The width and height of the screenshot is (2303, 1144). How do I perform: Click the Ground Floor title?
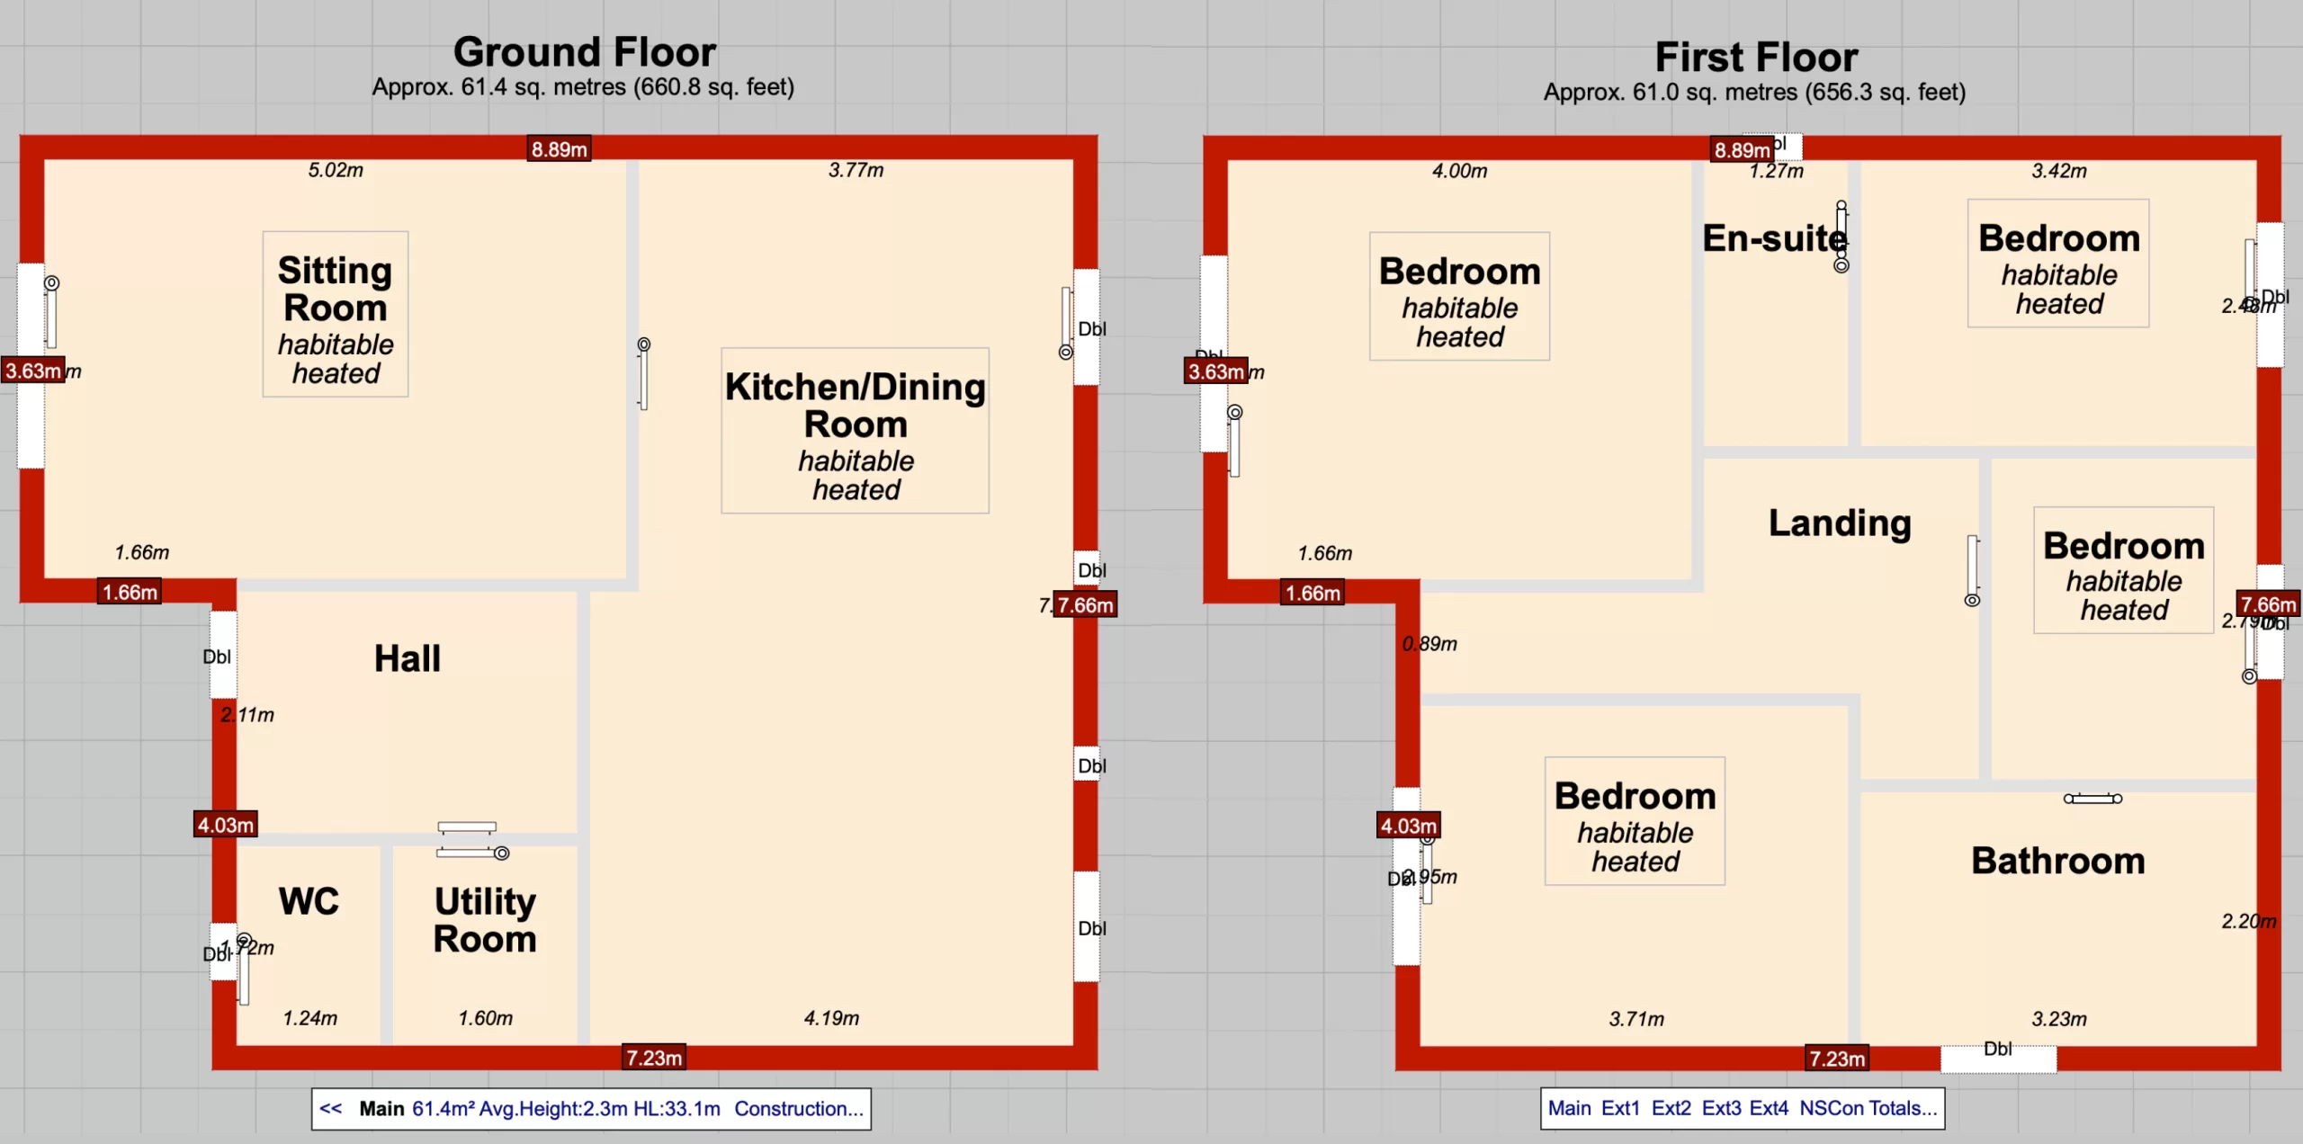pyautogui.click(x=584, y=52)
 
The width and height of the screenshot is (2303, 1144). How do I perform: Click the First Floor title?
pyautogui.click(x=1755, y=58)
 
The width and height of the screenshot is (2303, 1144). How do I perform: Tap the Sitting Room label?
pyautogui.click(x=335, y=290)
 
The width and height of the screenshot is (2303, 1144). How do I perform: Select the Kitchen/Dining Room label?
pyautogui.click(x=855, y=405)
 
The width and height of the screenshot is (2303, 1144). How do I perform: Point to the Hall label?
pyautogui.click(x=408, y=658)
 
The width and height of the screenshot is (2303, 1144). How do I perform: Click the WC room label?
pyautogui.click(x=309, y=901)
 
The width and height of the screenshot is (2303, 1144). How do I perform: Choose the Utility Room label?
pyautogui.click(x=485, y=920)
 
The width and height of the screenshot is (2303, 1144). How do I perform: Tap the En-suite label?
pyautogui.click(x=1774, y=238)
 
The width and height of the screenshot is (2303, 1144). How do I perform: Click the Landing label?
pyautogui.click(x=1840, y=523)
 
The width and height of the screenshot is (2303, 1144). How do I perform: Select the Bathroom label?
pyautogui.click(x=2058, y=861)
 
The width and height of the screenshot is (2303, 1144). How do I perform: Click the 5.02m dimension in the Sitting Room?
pyautogui.click(x=336, y=170)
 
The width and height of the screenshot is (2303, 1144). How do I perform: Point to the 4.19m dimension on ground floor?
pyautogui.click(x=831, y=1018)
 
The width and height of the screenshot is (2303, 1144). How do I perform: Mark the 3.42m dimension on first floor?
pyautogui.click(x=2058, y=171)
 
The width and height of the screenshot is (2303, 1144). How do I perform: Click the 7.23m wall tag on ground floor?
pyautogui.click(x=654, y=1058)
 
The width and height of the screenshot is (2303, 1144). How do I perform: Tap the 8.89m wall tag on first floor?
pyautogui.click(x=1742, y=150)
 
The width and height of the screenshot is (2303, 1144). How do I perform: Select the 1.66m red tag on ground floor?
pyautogui.click(x=130, y=592)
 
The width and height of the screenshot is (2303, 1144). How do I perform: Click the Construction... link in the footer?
pyautogui.click(x=798, y=1109)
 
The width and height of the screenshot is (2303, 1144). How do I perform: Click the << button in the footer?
pyautogui.click(x=331, y=1109)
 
